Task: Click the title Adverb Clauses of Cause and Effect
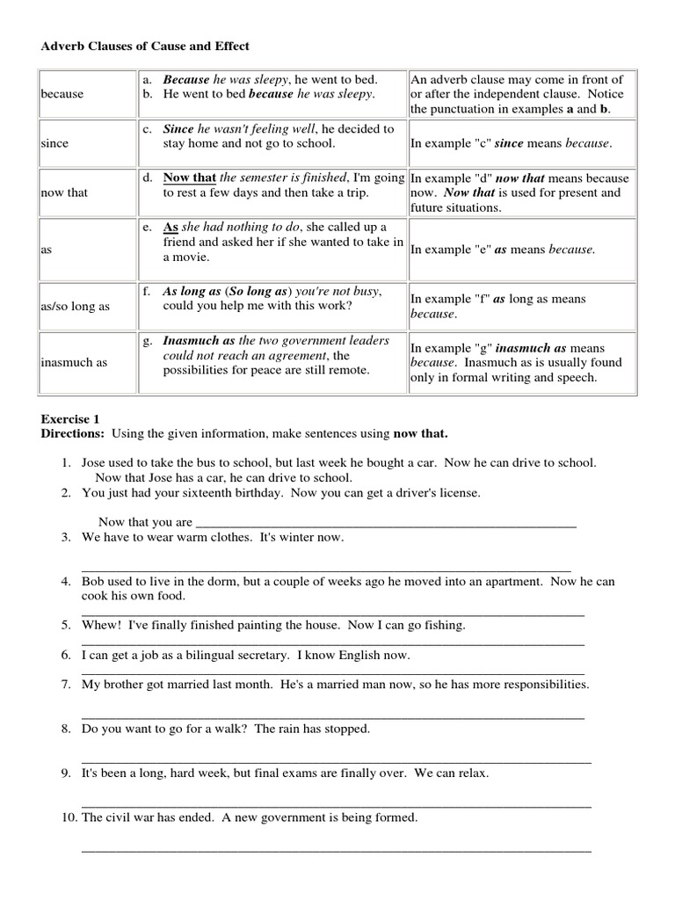coord(146,46)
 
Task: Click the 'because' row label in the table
coord(62,94)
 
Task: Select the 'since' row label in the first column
coord(54,143)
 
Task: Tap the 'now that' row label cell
coord(64,192)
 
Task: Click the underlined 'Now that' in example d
coord(190,178)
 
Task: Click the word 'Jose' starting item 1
coord(93,462)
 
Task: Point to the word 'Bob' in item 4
coord(93,581)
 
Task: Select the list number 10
coord(69,817)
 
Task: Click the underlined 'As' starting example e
coord(171,227)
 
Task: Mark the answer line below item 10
coord(336,849)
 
